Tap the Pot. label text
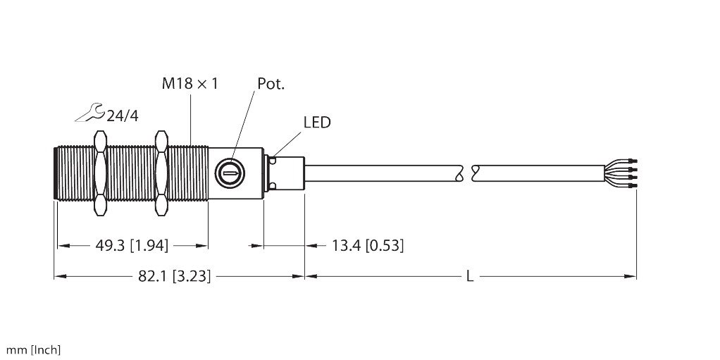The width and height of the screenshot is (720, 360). point(271,84)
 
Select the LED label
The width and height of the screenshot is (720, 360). point(316,123)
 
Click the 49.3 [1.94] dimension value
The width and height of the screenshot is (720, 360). point(132,245)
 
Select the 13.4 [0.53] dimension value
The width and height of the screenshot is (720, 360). point(367,245)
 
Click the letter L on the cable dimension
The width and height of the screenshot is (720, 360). point(470,276)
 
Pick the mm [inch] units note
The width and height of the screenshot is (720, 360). point(34,350)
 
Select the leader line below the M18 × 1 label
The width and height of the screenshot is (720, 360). point(190,120)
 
